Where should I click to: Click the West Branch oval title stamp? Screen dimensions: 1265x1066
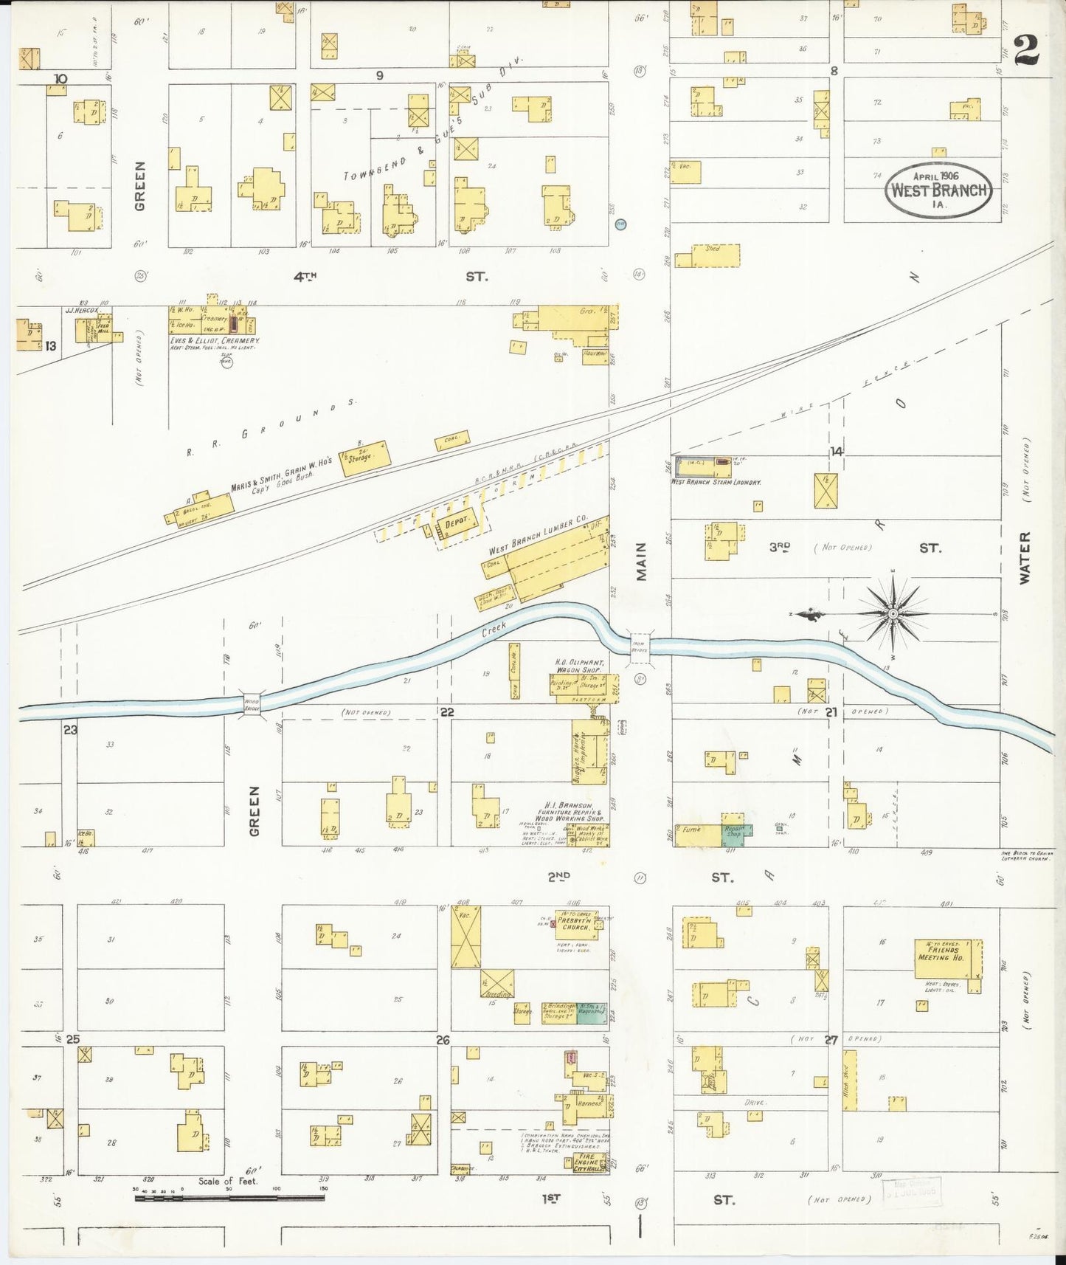[x=938, y=189]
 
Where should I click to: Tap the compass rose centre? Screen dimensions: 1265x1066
[x=893, y=613]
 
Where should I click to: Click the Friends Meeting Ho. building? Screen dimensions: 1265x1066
[x=949, y=958]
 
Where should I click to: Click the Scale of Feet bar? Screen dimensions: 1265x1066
[x=229, y=1197]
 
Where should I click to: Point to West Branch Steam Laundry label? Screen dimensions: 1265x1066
[x=716, y=482]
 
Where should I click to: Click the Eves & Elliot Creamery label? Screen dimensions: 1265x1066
[x=215, y=341]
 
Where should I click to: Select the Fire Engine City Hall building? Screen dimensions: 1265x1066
[x=590, y=1163]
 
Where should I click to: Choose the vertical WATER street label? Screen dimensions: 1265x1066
[x=1025, y=558]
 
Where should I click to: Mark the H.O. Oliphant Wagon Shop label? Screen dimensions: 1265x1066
[x=580, y=665]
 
